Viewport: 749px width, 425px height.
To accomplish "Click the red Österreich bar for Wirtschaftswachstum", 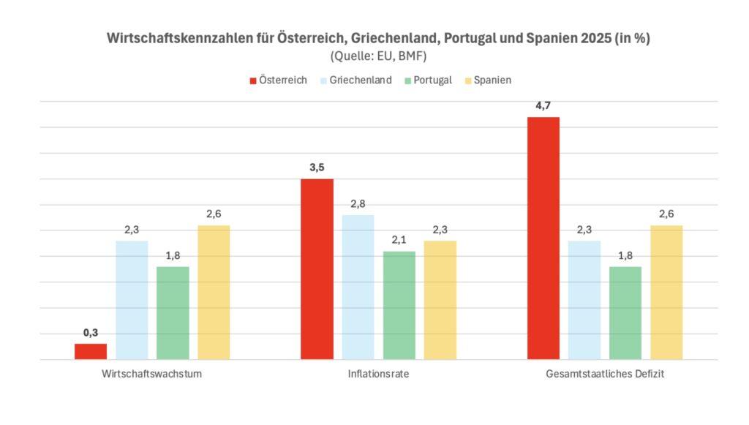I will click(91, 351).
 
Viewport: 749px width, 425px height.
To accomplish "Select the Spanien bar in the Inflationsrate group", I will click(440, 300).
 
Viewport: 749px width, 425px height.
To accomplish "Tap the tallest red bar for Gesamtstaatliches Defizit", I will click(543, 238).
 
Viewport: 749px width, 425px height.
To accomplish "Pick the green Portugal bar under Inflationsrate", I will click(399, 305).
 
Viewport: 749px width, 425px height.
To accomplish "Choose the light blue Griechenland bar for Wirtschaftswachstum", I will click(132, 300).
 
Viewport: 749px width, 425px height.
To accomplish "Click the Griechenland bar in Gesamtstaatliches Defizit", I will click(584, 300).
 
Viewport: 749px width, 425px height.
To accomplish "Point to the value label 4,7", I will click(543, 105).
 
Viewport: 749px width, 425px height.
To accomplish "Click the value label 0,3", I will click(91, 332).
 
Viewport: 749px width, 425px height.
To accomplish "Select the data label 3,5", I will click(317, 168).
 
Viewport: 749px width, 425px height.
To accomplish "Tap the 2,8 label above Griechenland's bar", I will click(358, 203).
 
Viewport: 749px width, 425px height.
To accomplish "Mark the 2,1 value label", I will click(399, 240).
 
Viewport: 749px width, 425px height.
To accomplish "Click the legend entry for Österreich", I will click(279, 80).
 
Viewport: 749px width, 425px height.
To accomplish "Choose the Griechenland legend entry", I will click(356, 80).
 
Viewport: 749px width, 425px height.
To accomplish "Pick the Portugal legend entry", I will click(427, 80).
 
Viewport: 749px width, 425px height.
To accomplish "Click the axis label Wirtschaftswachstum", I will click(152, 375).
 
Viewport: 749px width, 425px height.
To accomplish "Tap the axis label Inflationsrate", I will click(378, 375).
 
